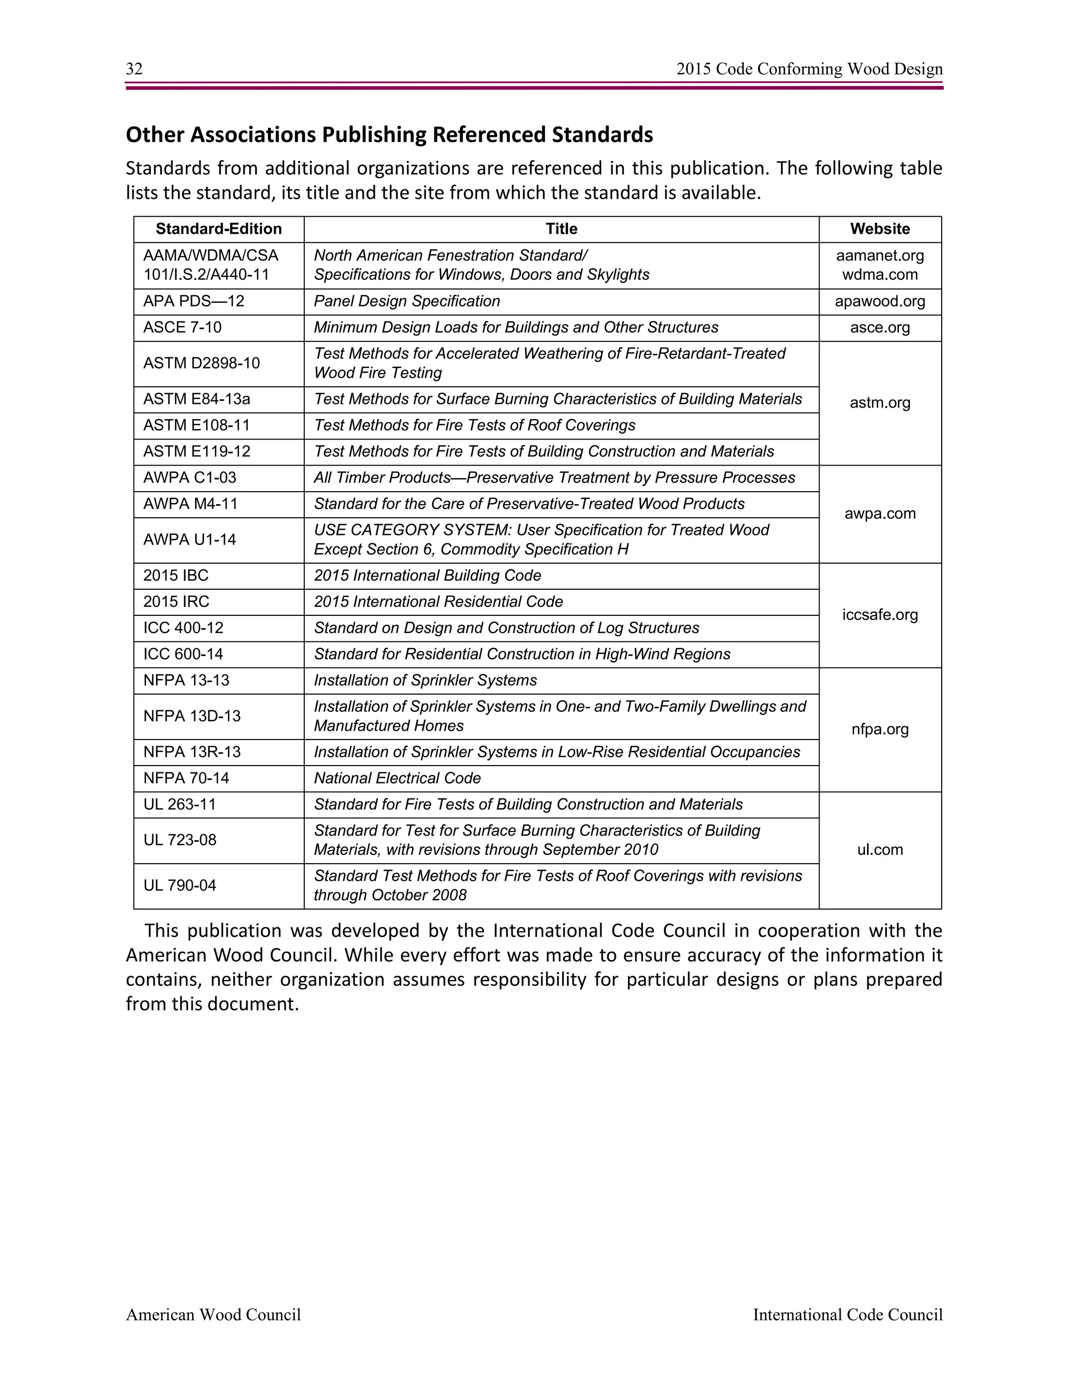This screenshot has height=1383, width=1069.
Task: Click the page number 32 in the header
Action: [x=134, y=69]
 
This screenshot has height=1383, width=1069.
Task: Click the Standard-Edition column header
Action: [x=219, y=229]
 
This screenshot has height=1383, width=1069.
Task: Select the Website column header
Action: [x=880, y=229]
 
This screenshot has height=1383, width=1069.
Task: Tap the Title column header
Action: [x=561, y=229]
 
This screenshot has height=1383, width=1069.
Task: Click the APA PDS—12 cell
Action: [x=194, y=302]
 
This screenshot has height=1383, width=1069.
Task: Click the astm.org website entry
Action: [x=880, y=403]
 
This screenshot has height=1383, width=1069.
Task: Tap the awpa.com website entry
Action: [x=880, y=514]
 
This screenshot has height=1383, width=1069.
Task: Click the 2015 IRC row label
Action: [x=176, y=602]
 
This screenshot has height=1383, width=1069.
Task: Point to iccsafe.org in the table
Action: [x=880, y=615]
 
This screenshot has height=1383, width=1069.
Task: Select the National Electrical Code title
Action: [x=397, y=778]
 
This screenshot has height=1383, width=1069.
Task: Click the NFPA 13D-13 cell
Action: [x=192, y=716]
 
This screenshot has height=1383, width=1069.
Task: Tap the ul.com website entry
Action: [x=880, y=850]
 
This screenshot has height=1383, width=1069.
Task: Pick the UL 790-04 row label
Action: [x=180, y=885]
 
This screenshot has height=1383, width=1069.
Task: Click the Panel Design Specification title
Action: [x=407, y=302]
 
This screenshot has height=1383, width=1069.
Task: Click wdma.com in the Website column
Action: [x=880, y=275]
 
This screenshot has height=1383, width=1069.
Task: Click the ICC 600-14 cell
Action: [x=183, y=654]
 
